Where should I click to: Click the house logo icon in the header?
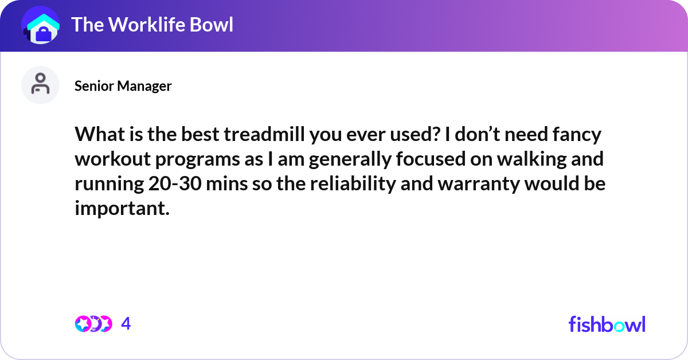(41, 26)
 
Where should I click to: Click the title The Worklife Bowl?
(152, 25)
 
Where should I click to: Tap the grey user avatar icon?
(41, 85)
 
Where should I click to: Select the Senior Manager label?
(123, 86)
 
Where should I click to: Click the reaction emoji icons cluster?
(93, 324)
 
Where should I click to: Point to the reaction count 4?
(126, 324)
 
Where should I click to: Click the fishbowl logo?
(607, 324)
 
